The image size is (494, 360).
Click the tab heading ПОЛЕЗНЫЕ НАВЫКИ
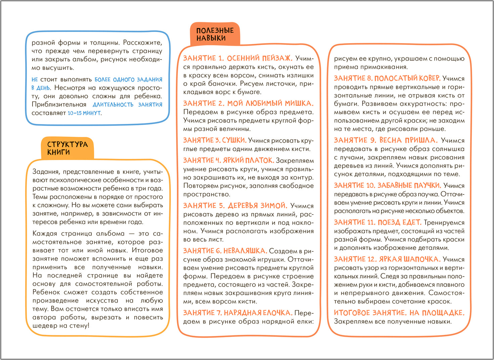click(215, 34)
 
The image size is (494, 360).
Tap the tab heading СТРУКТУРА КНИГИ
click(67, 148)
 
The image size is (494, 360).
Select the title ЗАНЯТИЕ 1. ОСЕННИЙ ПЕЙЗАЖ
click(238, 58)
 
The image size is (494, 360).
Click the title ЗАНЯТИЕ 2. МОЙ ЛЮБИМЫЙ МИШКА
click(248, 103)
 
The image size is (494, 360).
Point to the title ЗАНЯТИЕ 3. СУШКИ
click(215, 140)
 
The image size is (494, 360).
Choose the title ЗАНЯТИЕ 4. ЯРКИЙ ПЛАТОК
click(228, 161)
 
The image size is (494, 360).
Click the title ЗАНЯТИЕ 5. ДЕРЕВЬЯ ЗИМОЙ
click(235, 206)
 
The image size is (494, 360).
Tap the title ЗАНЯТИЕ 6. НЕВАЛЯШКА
click(225, 251)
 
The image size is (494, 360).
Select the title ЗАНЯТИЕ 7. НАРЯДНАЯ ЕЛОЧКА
click(237, 313)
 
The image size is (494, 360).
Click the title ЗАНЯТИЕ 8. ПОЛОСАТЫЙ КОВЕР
click(387, 78)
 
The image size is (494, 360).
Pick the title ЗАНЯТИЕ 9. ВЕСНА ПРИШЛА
click(386, 140)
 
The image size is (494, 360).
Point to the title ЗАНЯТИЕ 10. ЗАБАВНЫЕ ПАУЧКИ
click(387, 185)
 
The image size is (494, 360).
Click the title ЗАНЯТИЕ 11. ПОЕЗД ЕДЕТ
click(377, 222)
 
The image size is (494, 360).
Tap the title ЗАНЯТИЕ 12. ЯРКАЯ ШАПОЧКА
click(387, 259)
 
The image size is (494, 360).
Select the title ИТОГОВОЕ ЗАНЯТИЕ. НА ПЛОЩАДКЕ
click(399, 313)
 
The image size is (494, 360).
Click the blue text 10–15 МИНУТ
click(84, 113)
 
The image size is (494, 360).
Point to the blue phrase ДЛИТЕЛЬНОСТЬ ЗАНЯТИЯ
click(127, 105)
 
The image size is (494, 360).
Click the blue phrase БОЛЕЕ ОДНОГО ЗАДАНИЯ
click(128, 80)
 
